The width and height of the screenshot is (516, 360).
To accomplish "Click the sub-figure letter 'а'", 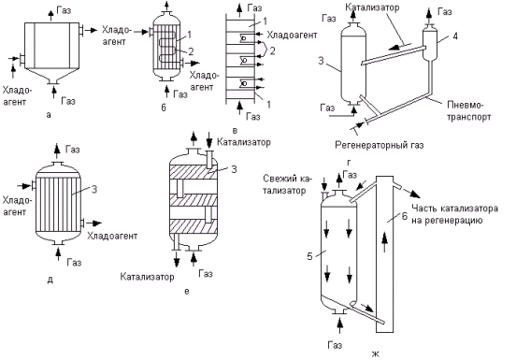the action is coord(49,115).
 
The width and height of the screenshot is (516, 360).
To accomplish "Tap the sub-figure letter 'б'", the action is coord(164,108).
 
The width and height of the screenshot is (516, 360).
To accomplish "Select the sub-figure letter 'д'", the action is coord(50,280).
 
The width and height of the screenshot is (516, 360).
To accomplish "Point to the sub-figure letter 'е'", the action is coord(187,291).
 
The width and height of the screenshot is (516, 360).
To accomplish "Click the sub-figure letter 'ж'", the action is coord(376,354).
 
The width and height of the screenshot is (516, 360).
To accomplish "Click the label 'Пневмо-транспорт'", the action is coord(468,111).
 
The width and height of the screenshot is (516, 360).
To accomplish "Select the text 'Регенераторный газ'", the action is coord(380,145).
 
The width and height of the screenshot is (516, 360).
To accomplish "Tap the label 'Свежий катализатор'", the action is coord(287,184).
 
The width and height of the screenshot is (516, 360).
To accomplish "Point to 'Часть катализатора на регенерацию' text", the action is coord(455,214).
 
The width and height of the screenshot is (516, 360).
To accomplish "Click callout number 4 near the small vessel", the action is coord(455,36).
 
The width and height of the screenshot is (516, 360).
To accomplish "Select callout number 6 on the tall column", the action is coord(405,216).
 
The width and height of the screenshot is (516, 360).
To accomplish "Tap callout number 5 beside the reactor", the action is coord(309,256).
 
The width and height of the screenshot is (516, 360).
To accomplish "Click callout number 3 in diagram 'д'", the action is coord(94,190).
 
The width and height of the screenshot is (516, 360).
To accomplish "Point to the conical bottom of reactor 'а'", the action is coord(52,76).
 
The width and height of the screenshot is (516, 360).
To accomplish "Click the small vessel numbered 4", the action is coord(430,44).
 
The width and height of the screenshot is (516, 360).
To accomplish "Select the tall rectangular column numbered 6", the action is coord(385,254).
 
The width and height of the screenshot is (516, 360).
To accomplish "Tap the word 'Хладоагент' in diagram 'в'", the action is coord(292,35).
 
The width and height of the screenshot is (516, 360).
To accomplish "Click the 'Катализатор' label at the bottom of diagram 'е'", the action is coord(147,277).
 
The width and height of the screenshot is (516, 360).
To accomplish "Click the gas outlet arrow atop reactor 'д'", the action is coord(58,151).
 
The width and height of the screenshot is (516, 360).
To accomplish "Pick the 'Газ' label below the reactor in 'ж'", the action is coord(335,345).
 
